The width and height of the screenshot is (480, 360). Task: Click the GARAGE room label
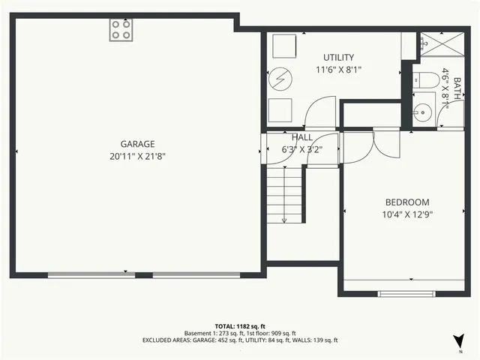pos(137,144)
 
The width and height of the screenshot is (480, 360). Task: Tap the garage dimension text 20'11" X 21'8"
pos(137,157)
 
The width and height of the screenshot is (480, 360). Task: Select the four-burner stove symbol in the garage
pos(121,30)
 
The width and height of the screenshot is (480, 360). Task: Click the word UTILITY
pos(338,58)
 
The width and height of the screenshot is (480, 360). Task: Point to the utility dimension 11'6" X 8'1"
pos(338,70)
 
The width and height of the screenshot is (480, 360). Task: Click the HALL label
pos(302,137)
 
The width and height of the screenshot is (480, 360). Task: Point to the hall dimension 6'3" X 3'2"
pos(302,149)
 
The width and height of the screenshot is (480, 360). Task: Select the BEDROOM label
pos(407,202)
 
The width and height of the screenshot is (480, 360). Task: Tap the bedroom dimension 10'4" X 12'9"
pos(407,214)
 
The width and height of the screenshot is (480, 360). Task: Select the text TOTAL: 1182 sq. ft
pos(240,327)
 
